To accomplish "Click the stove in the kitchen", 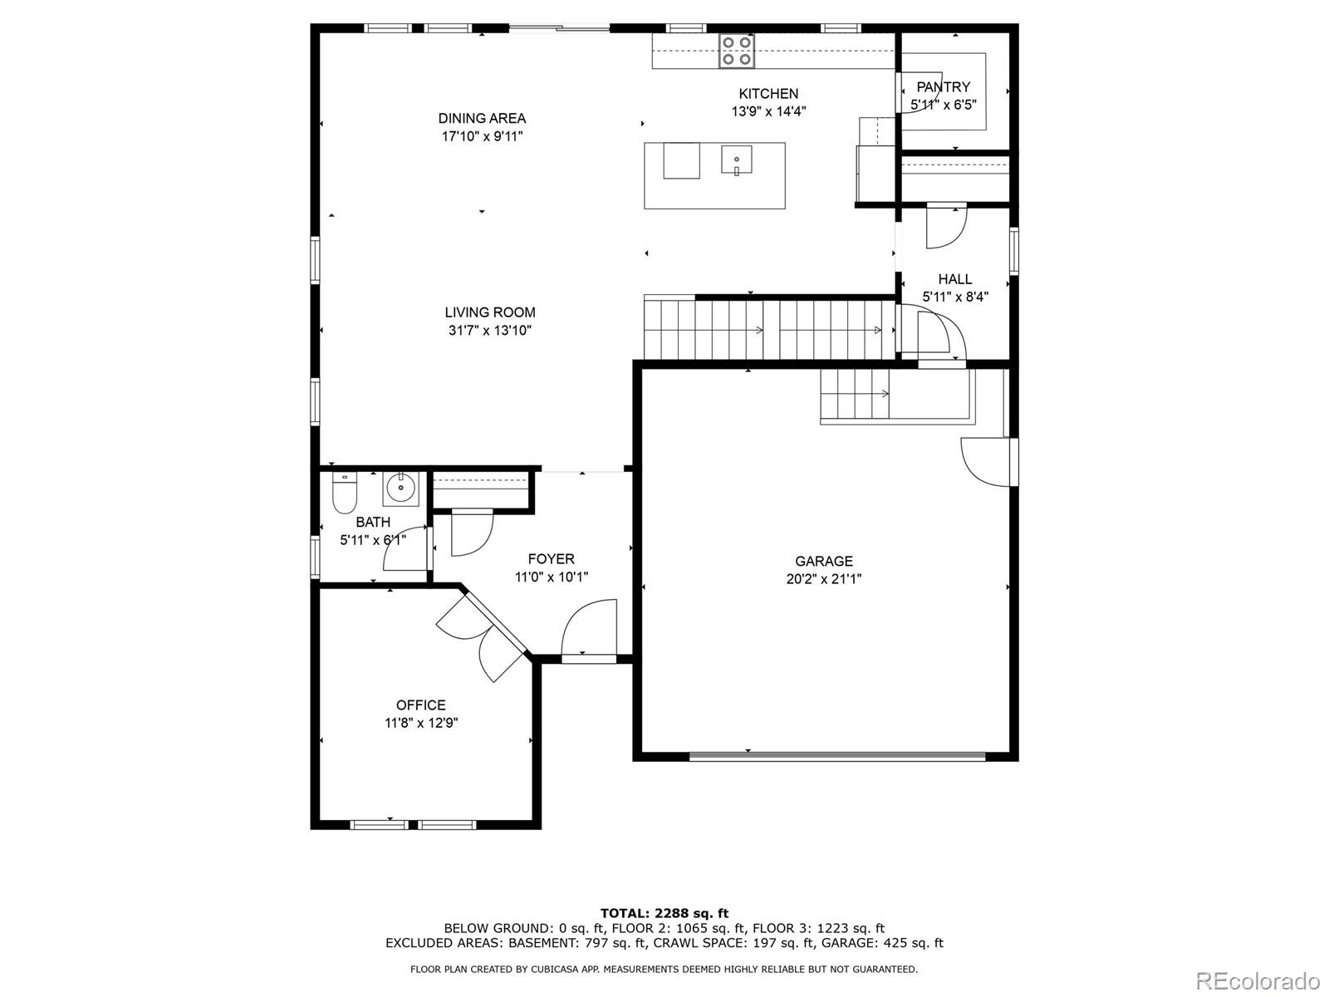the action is click(736, 50).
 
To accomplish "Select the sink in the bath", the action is click(400, 489).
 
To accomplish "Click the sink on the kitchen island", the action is click(736, 160).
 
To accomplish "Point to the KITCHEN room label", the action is click(768, 94).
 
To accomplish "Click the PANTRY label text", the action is click(943, 87).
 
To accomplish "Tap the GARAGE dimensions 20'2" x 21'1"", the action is click(823, 579).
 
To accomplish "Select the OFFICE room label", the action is click(421, 705).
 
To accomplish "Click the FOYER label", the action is click(551, 559).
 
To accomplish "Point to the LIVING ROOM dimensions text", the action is click(490, 331).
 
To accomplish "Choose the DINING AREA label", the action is click(482, 119).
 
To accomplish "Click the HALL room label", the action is click(955, 279).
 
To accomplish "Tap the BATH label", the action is click(373, 522).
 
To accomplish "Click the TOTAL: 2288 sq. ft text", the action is click(664, 913).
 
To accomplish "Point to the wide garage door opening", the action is click(838, 755).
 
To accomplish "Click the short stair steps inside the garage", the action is click(855, 394).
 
